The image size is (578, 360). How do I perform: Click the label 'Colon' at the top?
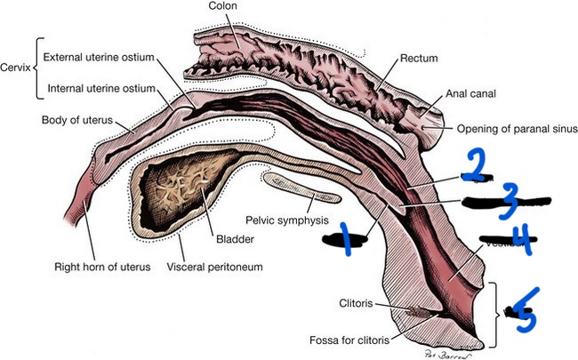pyautogui.click(x=222, y=8)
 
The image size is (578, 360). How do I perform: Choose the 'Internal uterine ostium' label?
pyautogui.click(x=100, y=88)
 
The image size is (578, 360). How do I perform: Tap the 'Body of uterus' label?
pyautogui.click(x=83, y=120)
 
